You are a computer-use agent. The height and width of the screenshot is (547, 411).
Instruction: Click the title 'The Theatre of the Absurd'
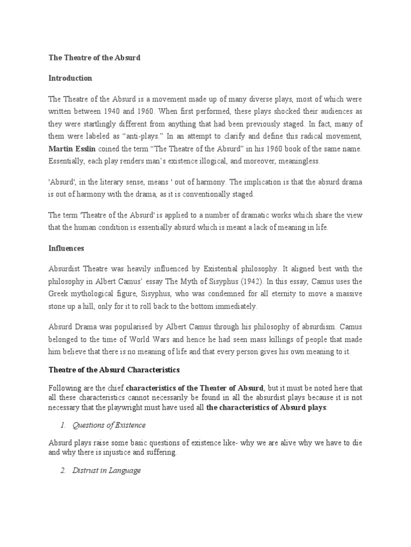[94, 58]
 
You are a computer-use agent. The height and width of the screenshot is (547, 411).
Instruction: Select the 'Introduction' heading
[70, 79]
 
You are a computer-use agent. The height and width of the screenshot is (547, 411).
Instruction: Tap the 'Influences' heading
[67, 248]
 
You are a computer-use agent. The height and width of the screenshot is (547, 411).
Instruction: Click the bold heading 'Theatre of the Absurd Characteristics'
[114, 370]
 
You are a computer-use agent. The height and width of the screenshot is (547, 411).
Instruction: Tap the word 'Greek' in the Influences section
[59, 294]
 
